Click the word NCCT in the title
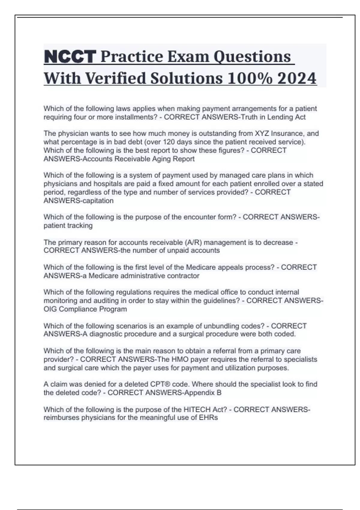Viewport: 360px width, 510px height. [x=70, y=57]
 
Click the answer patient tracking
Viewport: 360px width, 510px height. [x=68, y=225]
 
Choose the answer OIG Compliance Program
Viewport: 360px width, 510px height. [x=85, y=309]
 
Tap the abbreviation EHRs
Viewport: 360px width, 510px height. [x=208, y=418]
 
